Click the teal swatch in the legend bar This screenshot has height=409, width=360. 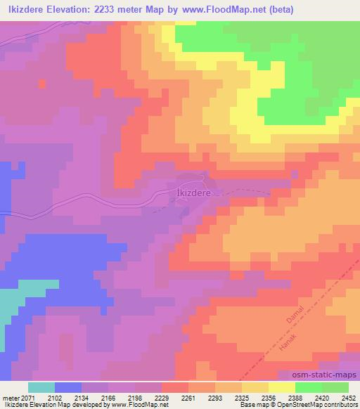click(41, 387)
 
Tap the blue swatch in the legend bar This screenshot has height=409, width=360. click(68, 387)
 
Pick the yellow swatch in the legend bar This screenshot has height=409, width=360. click(281, 387)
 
